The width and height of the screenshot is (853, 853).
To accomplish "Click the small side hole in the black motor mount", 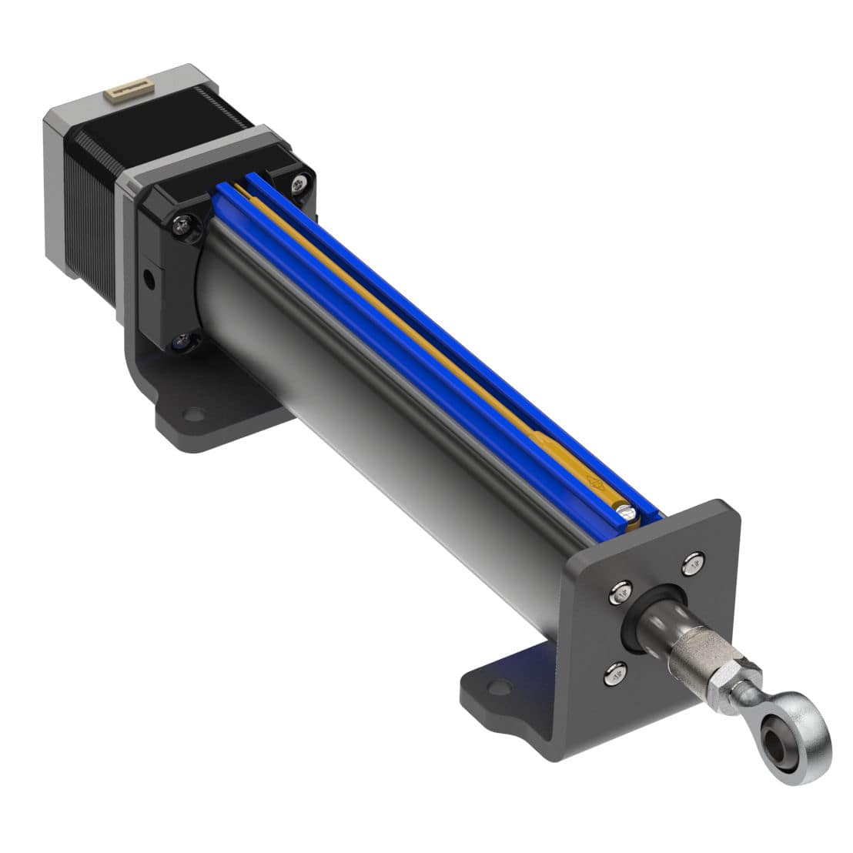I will pyautogui.click(x=149, y=276).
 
